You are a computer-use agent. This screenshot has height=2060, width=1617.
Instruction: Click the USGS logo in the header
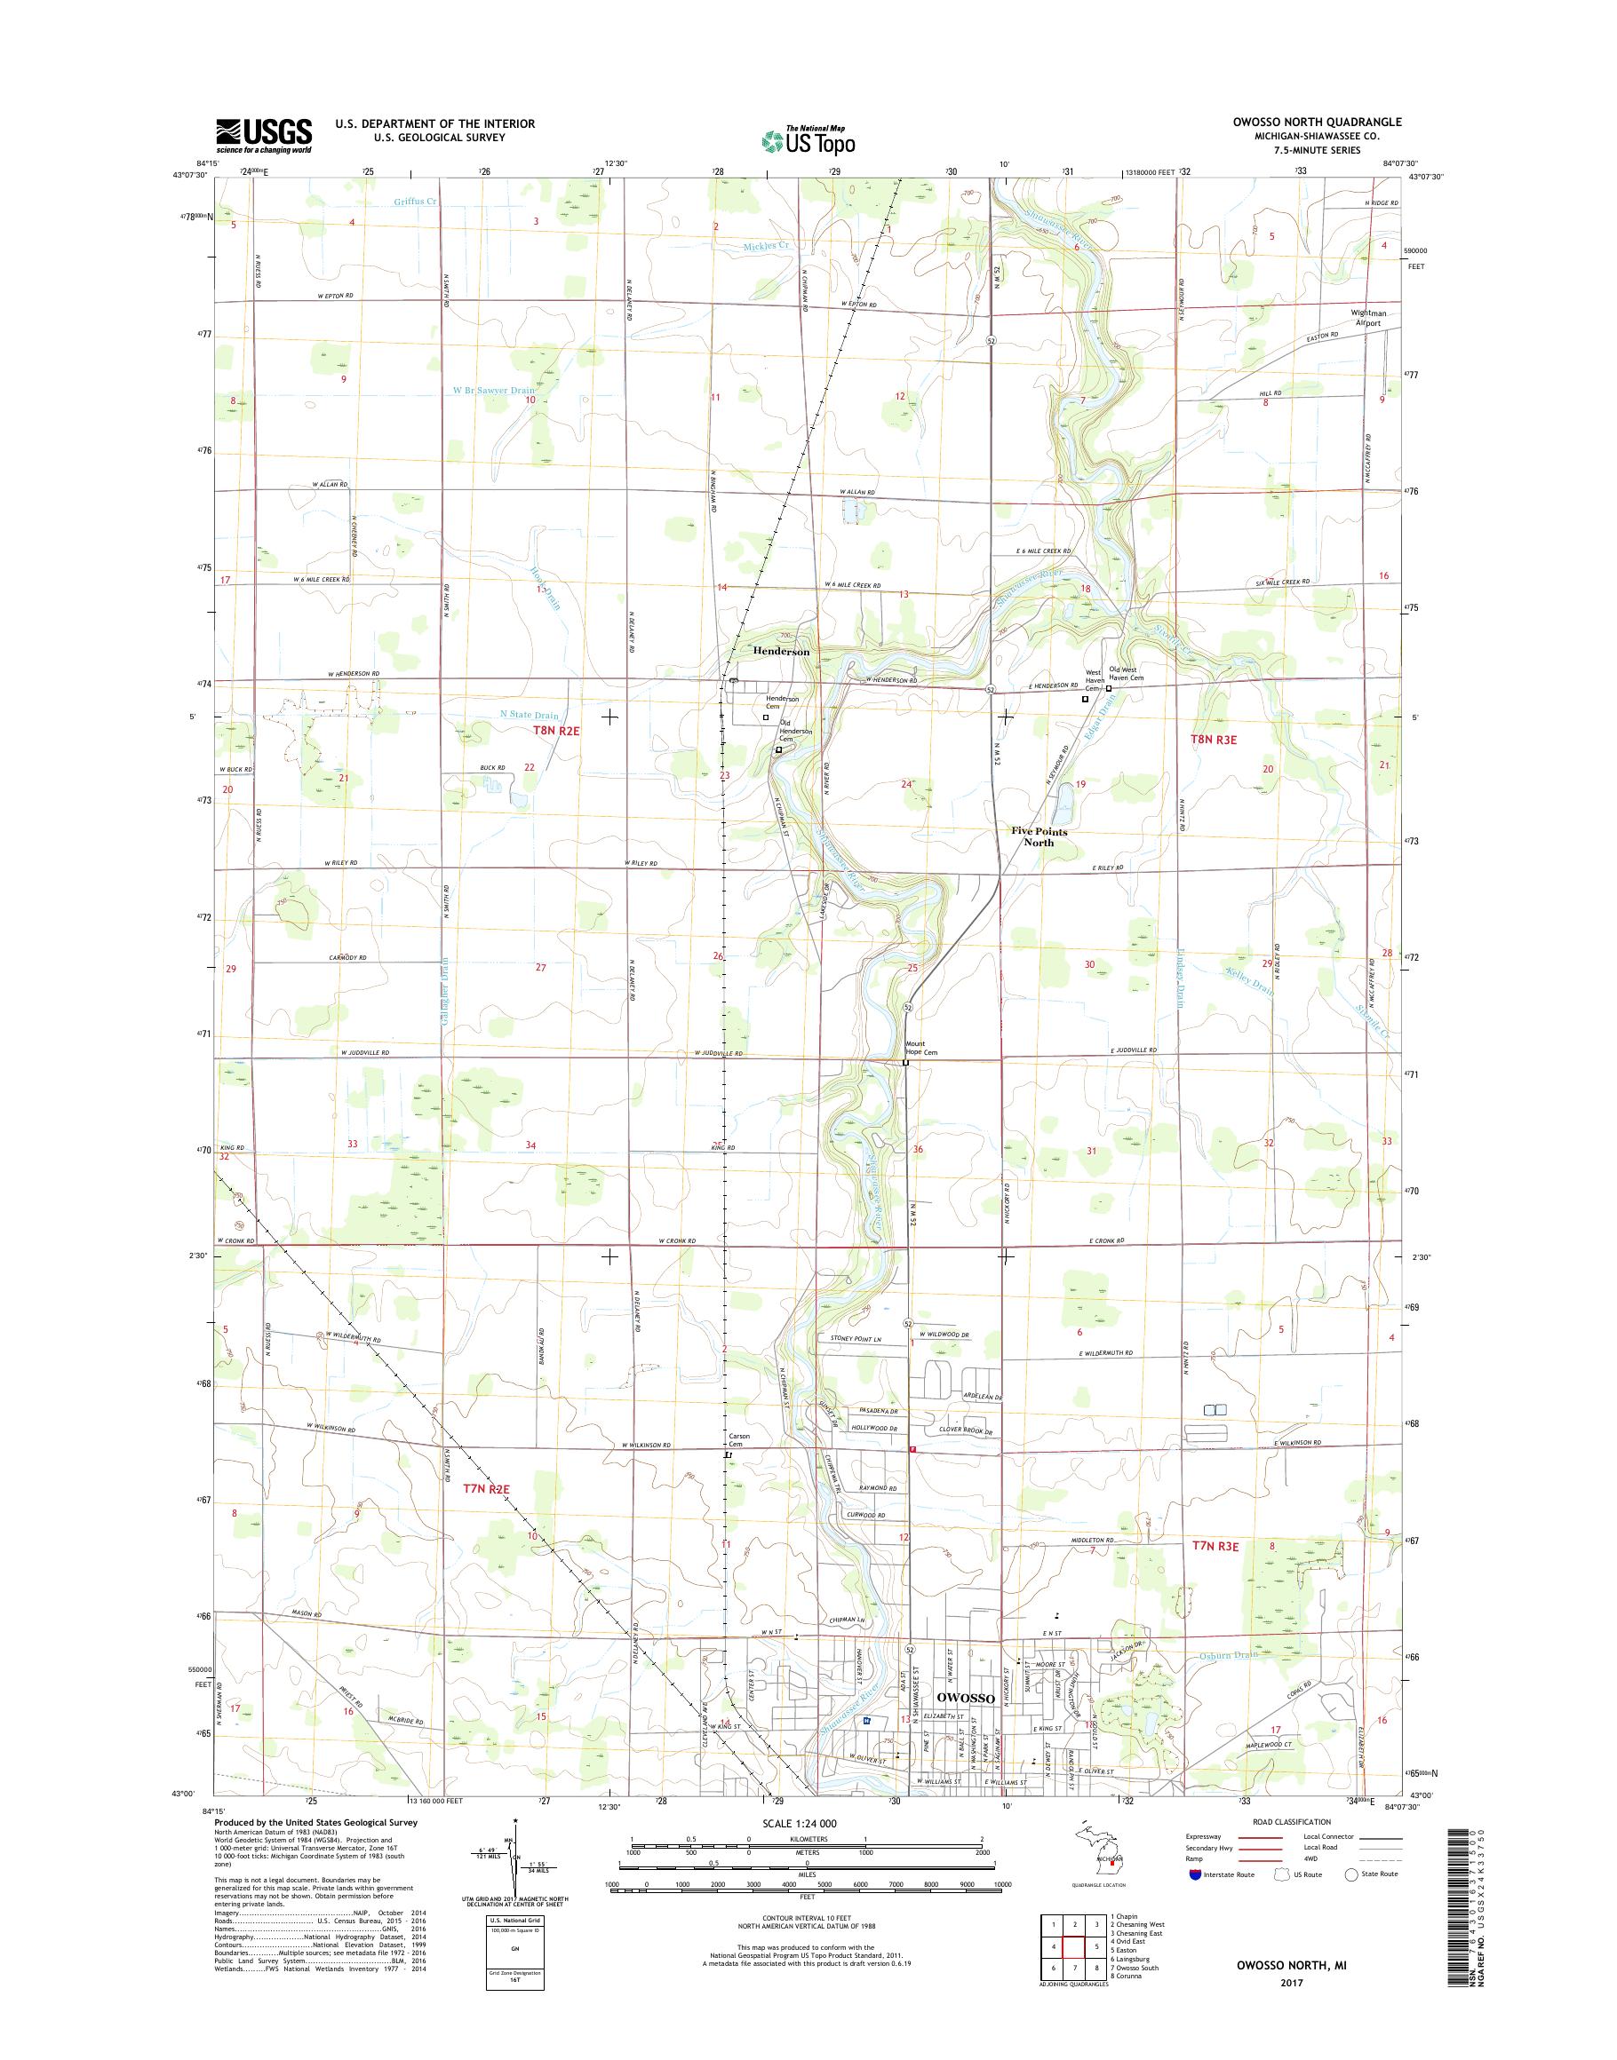pyautogui.click(x=264, y=136)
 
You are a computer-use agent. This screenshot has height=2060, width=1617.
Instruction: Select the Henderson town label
pyautogui.click(x=781, y=652)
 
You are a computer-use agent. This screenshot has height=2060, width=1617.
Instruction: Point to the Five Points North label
pyautogui.click(x=1039, y=836)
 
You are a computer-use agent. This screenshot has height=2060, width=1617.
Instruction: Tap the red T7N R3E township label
pyautogui.click(x=1215, y=1545)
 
